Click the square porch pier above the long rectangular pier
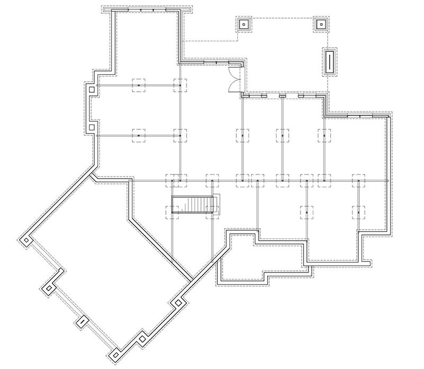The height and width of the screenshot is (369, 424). tap(321, 24)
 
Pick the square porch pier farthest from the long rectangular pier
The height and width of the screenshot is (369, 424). tap(243, 24)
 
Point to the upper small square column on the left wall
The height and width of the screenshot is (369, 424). tap(92, 90)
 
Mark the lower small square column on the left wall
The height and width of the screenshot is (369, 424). tap(92, 127)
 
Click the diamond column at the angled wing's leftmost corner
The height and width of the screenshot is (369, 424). tap(25, 242)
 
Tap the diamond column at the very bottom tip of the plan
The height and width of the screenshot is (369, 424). tap(113, 354)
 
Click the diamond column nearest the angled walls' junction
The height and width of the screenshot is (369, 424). tap(178, 303)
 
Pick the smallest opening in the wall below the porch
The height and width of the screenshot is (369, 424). tap(282, 96)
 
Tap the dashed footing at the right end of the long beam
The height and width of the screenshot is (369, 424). tap(359, 181)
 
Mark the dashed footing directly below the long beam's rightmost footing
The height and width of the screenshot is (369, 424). tap(359, 212)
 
